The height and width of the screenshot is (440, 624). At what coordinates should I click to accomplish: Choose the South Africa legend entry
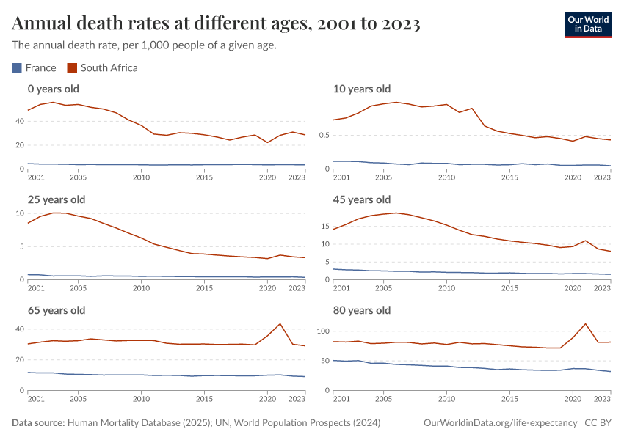(102, 67)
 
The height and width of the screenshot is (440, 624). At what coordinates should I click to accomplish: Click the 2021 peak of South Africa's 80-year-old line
(585, 323)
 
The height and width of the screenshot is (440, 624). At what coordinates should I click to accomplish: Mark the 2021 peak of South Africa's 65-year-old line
(280, 323)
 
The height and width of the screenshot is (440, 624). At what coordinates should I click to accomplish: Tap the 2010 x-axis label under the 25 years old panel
(141, 288)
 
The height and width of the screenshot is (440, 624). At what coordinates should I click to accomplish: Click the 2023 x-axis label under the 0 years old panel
(297, 177)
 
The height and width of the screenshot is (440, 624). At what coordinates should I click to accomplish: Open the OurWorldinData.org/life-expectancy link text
(499, 423)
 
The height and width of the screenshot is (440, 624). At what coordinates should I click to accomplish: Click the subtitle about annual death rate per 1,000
(144, 45)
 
